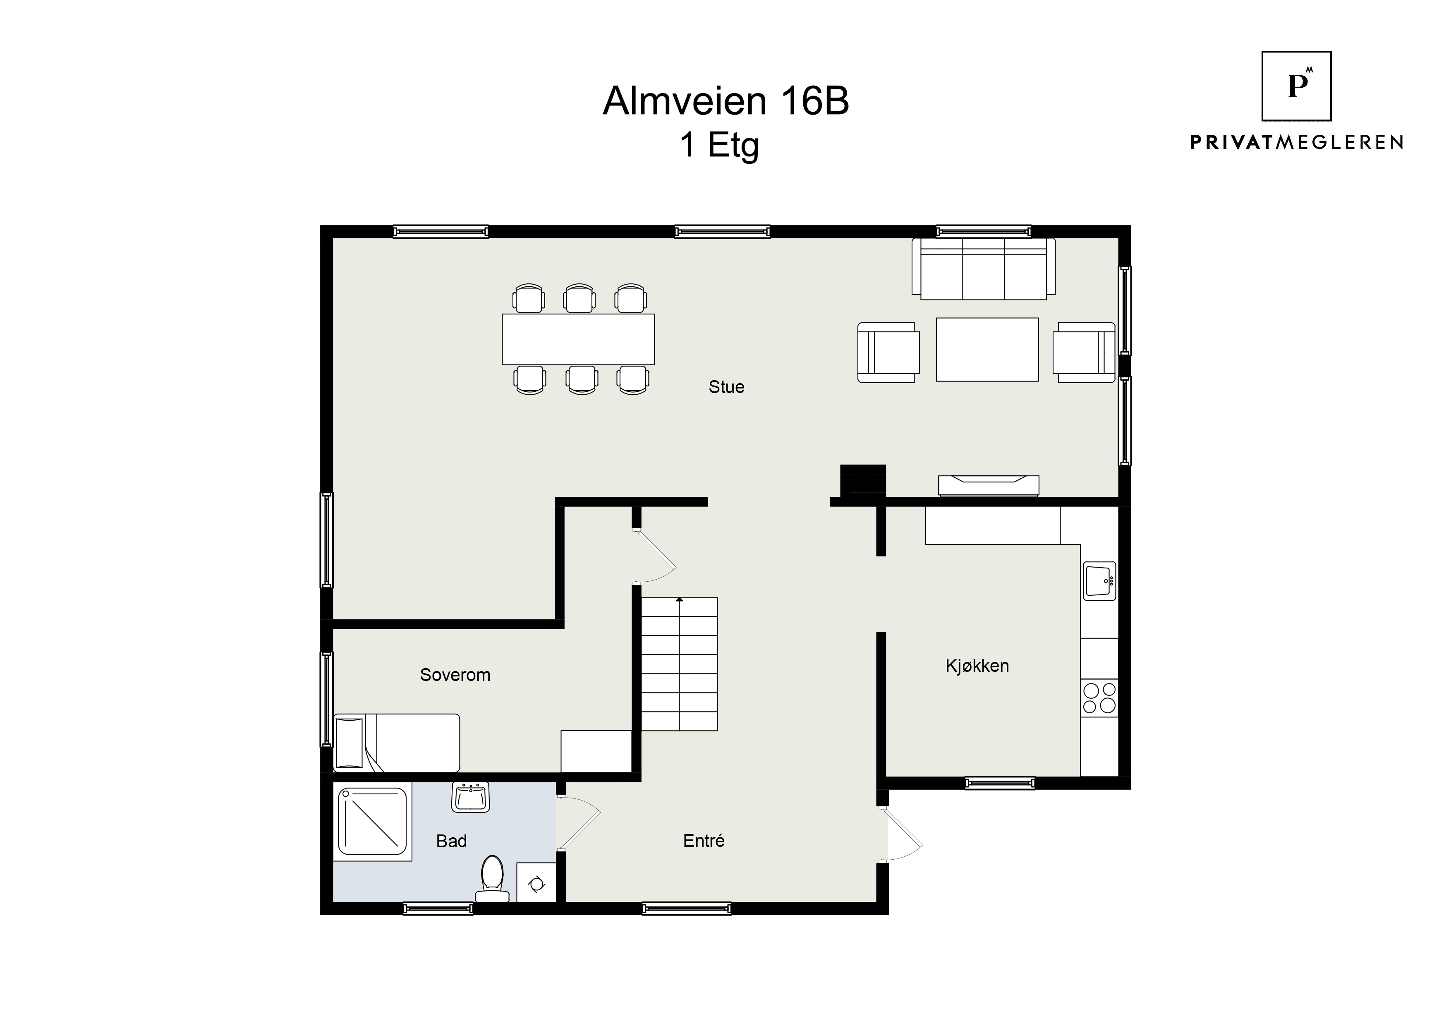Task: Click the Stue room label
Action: click(726, 387)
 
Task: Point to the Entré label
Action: click(704, 840)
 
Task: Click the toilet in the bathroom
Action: click(492, 878)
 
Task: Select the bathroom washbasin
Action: click(471, 797)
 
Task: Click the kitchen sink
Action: click(1100, 580)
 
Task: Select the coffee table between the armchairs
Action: click(987, 350)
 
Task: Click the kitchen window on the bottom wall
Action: click(1000, 783)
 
